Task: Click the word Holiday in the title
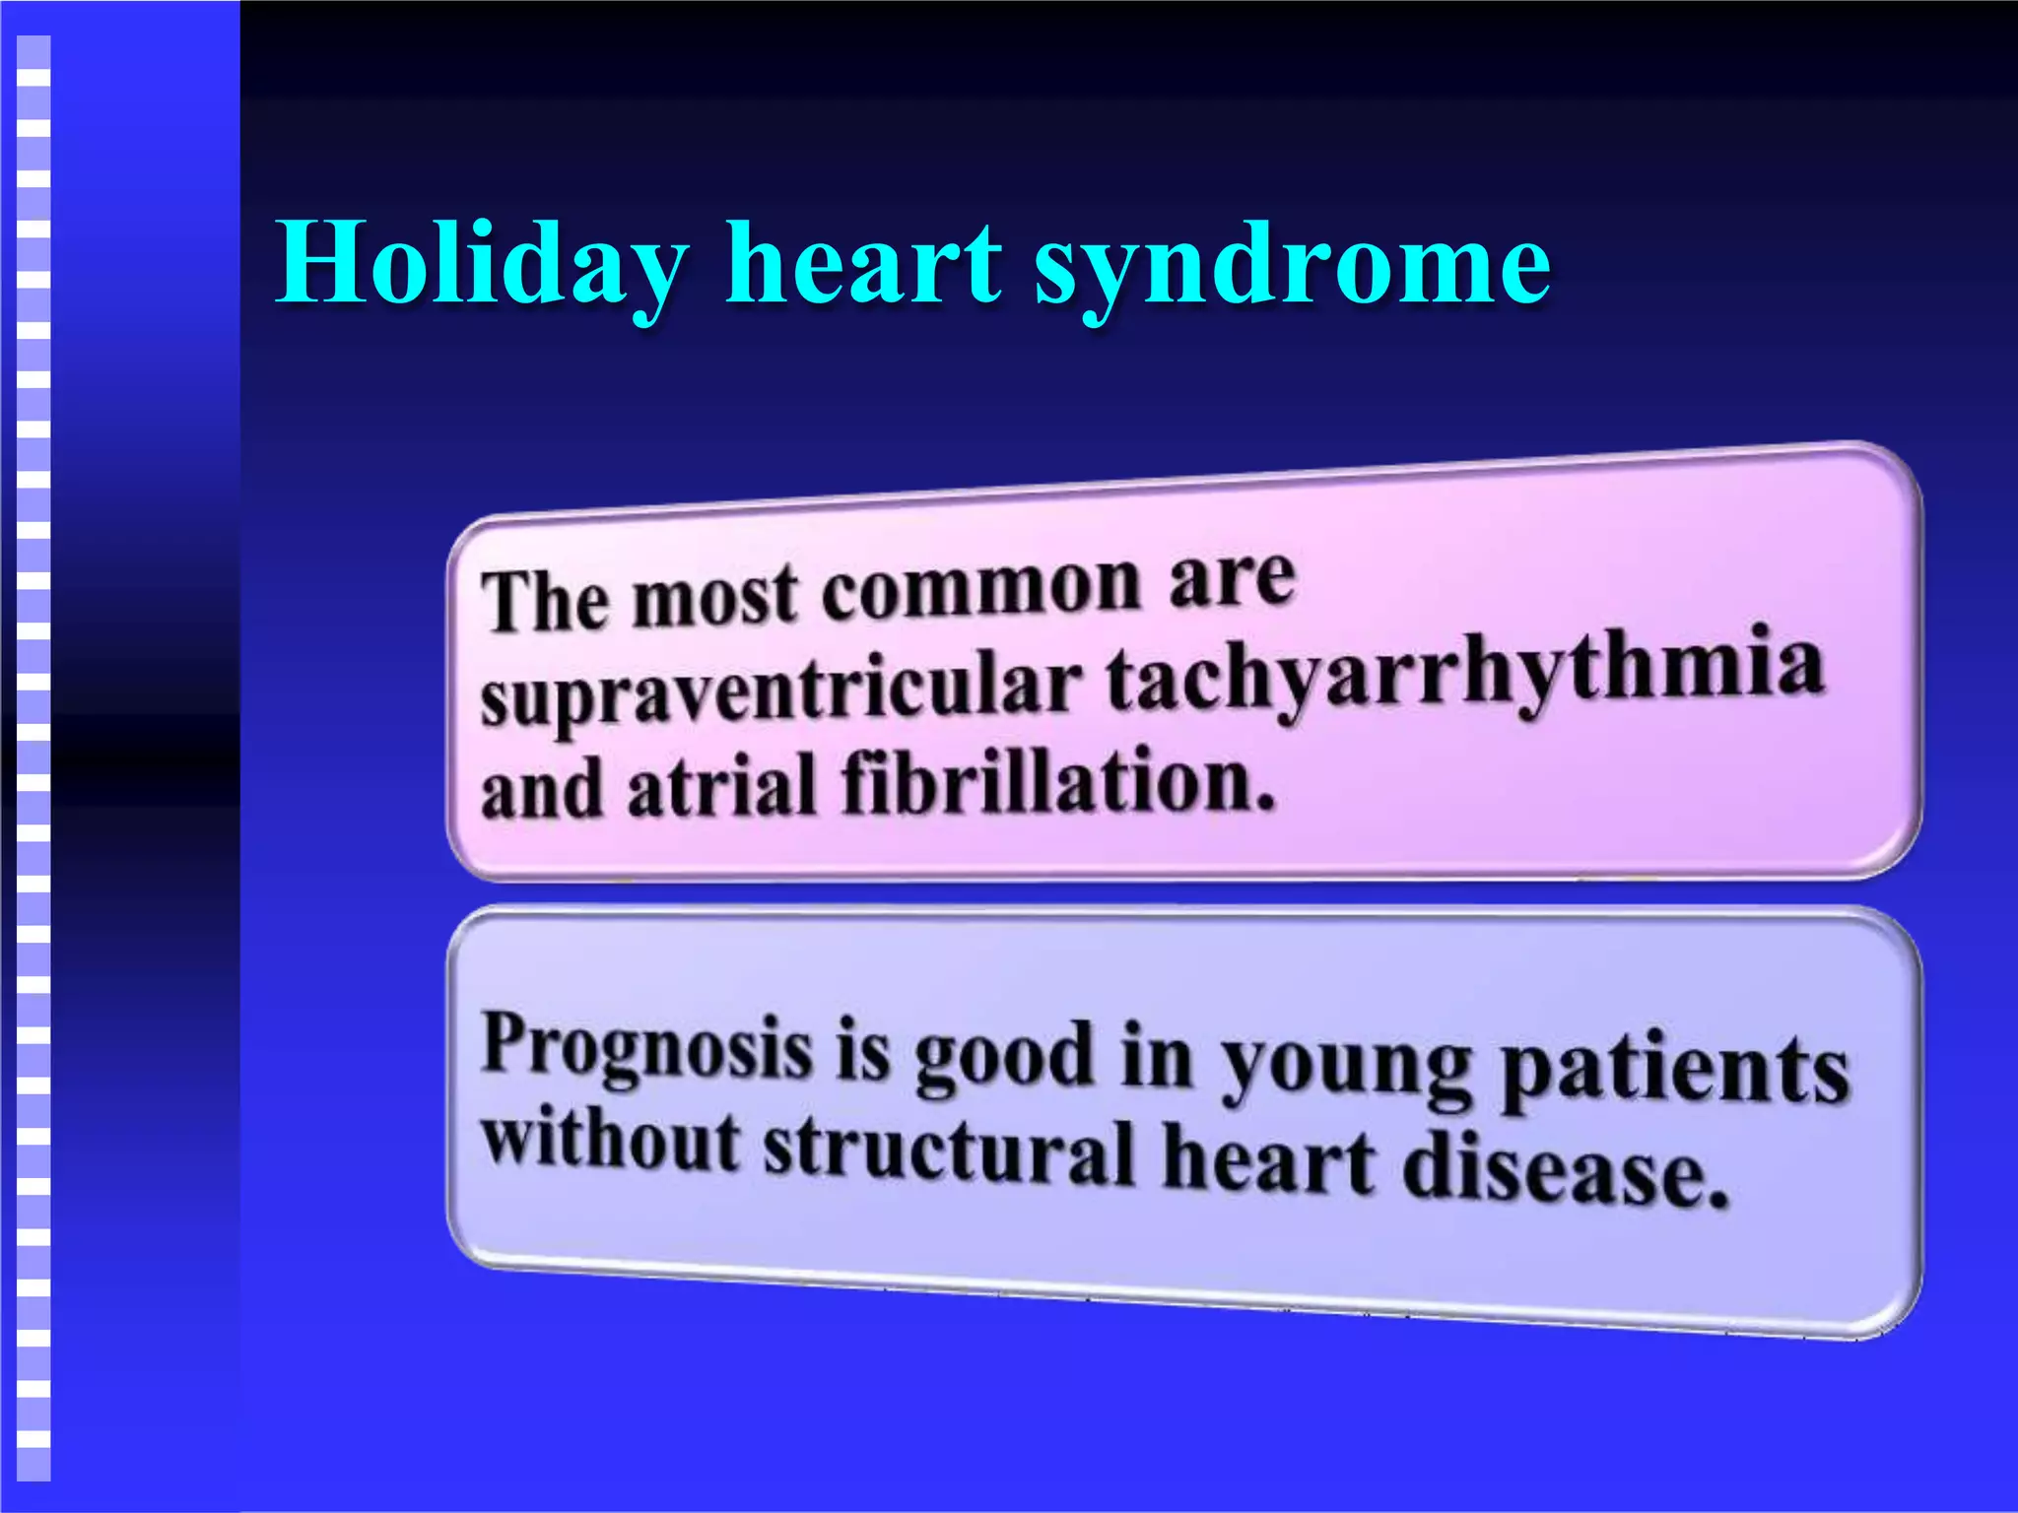tap(481, 264)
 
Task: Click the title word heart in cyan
tap(863, 264)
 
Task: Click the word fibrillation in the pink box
tap(1058, 783)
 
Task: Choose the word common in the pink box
tap(981, 589)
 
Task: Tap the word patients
tap(1675, 1074)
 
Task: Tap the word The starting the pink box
tap(545, 600)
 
